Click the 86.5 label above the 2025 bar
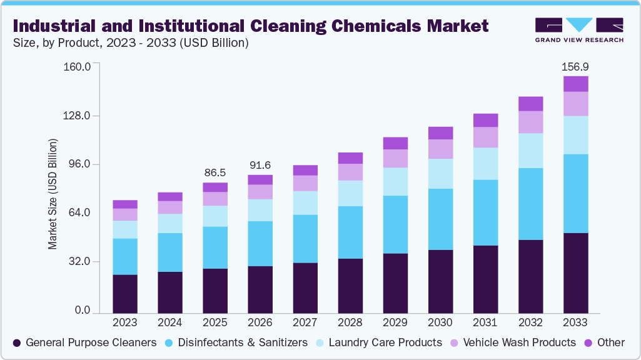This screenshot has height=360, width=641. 215,172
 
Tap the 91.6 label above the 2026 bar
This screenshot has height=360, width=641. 260,165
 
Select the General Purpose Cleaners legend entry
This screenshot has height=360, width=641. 84,342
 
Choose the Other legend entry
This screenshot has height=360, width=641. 604,342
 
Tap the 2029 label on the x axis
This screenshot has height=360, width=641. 395,322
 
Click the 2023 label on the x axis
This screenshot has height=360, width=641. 125,322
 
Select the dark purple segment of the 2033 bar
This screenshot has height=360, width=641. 575,272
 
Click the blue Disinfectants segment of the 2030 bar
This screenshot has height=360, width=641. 440,219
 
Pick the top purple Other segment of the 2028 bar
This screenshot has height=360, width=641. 350,158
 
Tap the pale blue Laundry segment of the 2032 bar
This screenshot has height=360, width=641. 530,151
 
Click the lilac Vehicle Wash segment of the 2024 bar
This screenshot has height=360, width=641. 170,207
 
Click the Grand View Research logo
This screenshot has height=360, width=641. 579,29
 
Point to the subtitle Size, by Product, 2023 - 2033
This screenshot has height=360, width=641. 131,43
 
